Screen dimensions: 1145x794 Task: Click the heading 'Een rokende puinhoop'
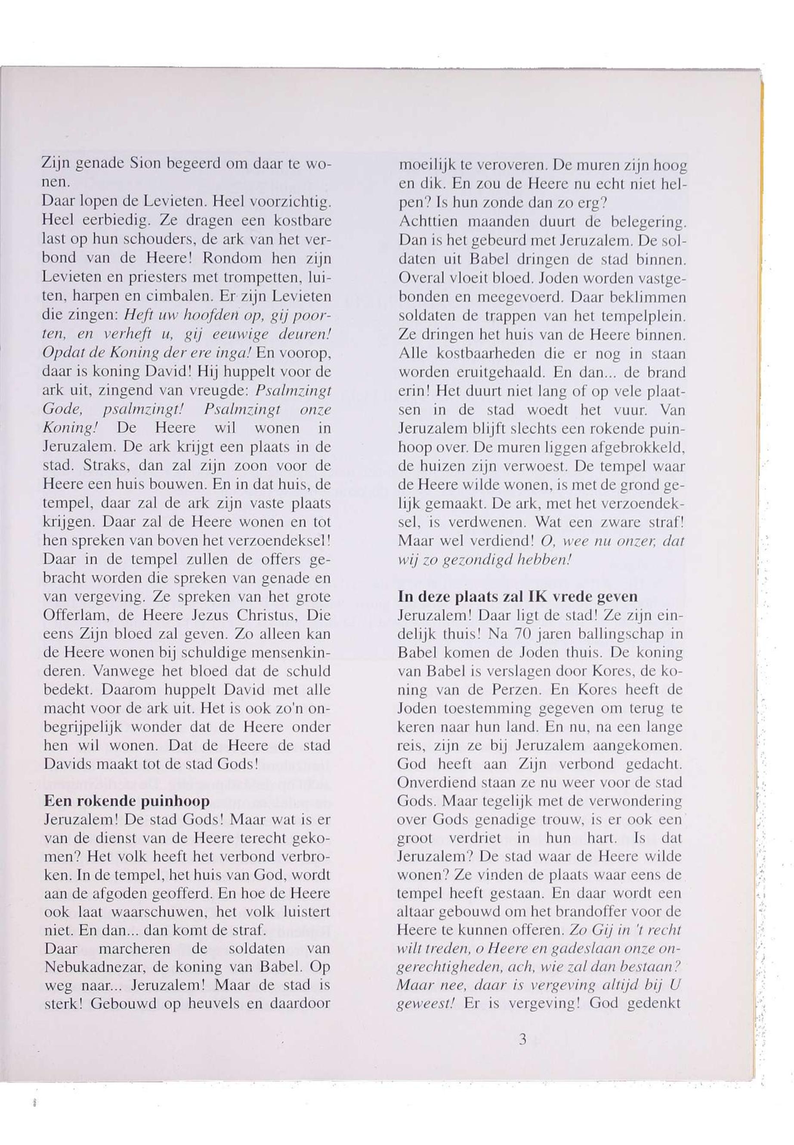click(127, 801)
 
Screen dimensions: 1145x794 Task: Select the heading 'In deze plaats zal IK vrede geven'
click(518, 597)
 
